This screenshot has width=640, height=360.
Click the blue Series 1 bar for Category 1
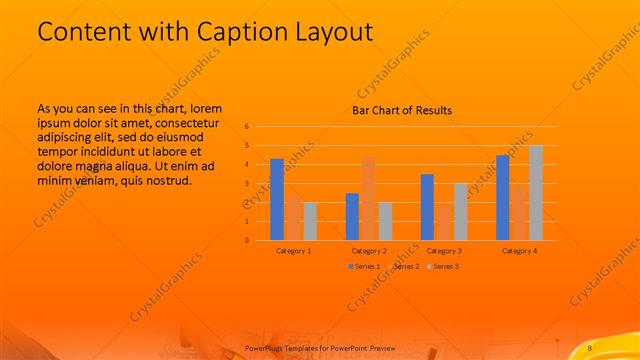tap(277, 199)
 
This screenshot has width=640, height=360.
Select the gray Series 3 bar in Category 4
tap(536, 193)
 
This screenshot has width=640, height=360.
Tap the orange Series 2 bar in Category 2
tap(369, 198)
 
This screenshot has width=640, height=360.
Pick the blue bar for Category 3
tap(427, 207)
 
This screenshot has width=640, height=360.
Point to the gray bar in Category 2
tap(386, 221)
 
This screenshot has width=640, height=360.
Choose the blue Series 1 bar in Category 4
tap(503, 197)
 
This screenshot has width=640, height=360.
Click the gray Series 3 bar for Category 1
tap(310, 221)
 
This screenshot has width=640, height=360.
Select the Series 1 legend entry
tap(362, 266)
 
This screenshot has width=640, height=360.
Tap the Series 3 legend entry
tap(444, 266)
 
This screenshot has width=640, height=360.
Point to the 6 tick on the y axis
tap(246, 127)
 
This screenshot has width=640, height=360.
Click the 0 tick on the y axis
tap(246, 240)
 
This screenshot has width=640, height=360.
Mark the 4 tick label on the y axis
tap(246, 165)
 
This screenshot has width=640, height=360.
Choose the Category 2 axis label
tap(369, 250)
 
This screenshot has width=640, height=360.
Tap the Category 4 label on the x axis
tap(520, 250)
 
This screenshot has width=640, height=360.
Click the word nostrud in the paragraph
tap(166, 181)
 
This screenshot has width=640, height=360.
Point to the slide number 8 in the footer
tap(590, 346)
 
